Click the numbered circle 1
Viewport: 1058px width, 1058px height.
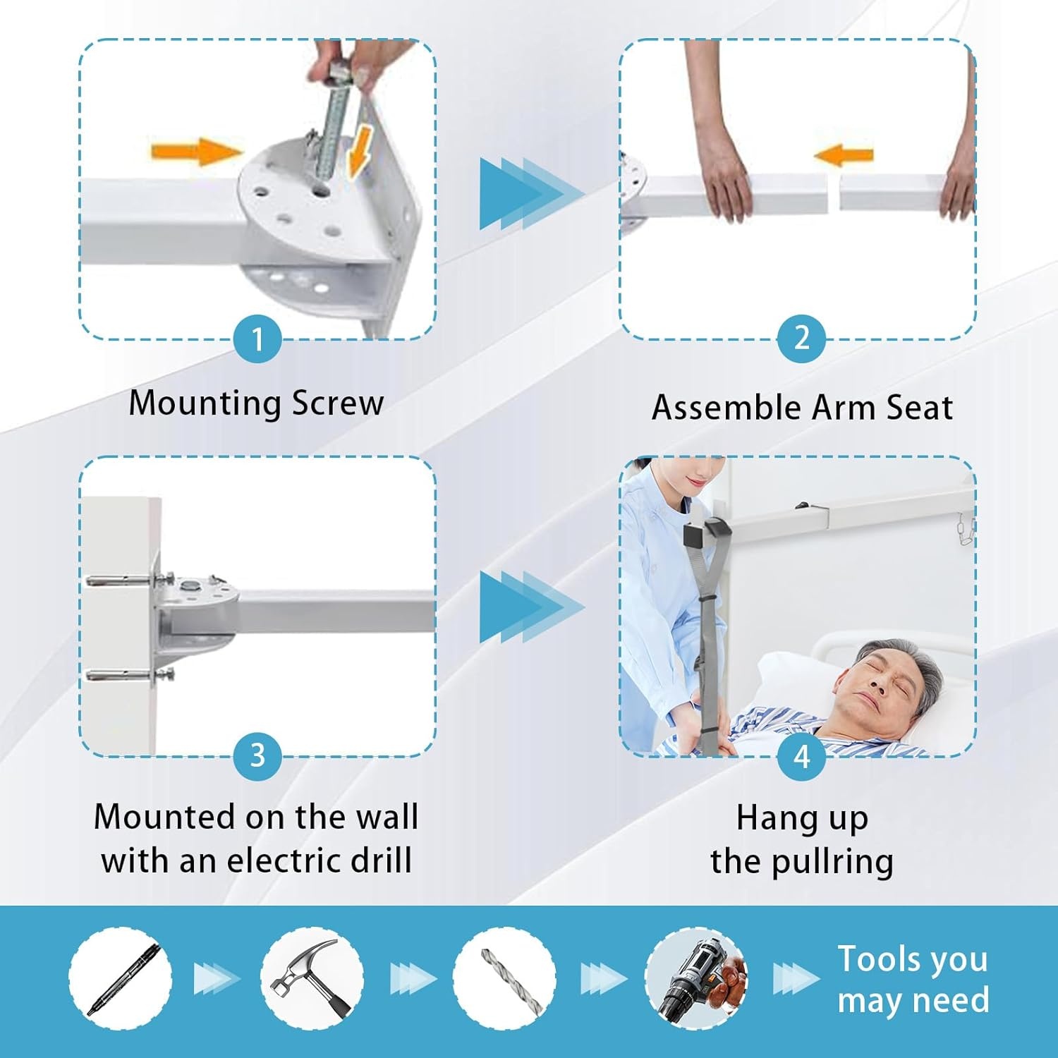[x=257, y=339]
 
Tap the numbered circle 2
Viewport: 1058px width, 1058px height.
[x=801, y=339]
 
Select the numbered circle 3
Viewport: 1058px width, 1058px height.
[x=257, y=756]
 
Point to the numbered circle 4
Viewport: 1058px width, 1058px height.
[x=801, y=757]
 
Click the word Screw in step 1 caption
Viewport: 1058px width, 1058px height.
[x=338, y=403]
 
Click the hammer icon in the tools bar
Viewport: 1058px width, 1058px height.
[x=312, y=978]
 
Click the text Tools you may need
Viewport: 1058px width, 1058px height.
[x=913, y=980]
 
